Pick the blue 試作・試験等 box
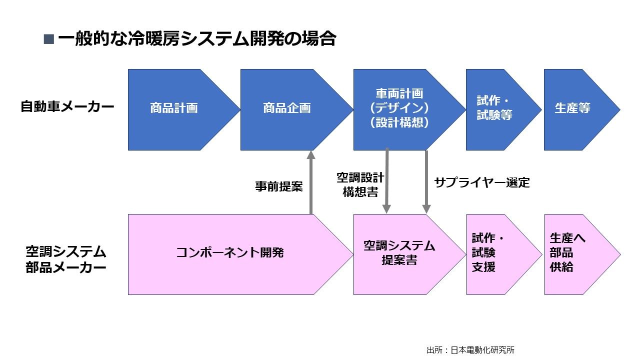(495, 109)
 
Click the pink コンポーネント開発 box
(230, 253)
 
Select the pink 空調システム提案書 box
(399, 253)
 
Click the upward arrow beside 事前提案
(310, 182)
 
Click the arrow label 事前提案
(278, 187)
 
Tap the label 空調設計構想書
(360, 184)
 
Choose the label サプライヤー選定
(481, 182)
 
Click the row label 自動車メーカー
(67, 107)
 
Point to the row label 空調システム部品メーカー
(66, 259)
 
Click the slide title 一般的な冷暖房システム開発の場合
(196, 39)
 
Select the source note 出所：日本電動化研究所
(470, 350)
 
